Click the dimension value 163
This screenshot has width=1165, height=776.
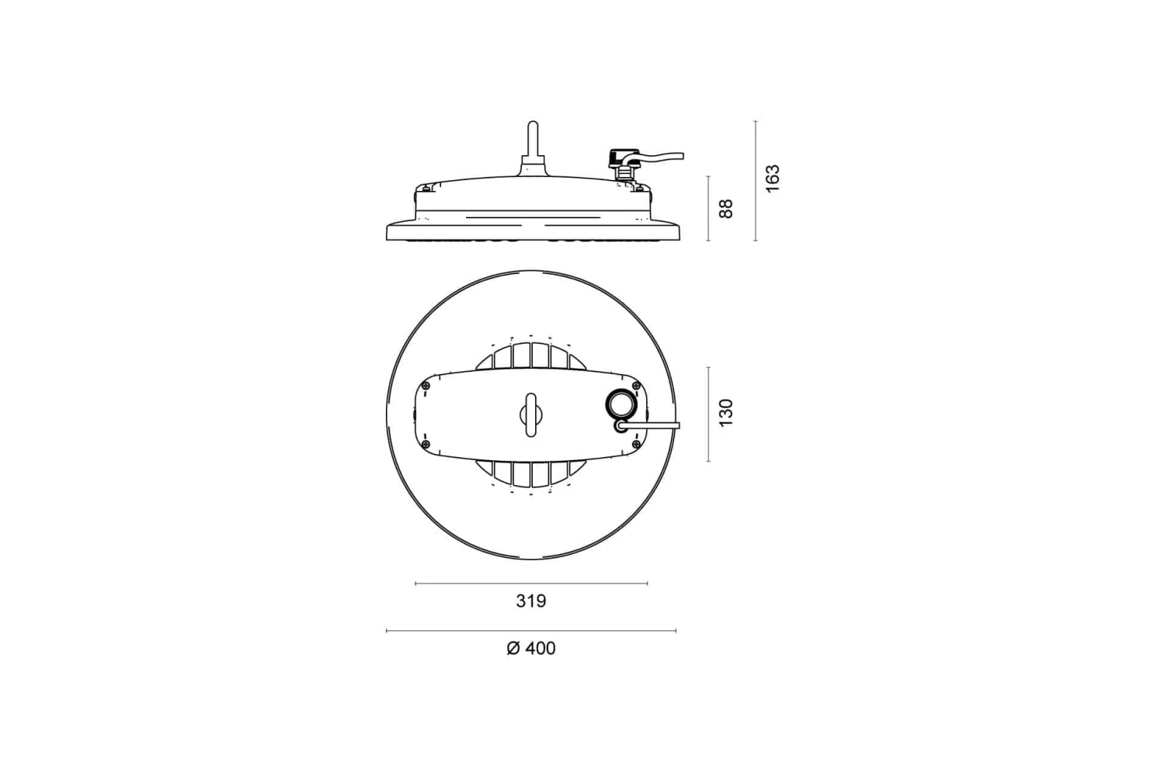coord(771,179)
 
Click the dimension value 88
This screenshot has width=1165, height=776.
coord(725,208)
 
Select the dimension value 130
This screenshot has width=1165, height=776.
coord(725,413)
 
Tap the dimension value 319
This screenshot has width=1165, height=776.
coord(531,601)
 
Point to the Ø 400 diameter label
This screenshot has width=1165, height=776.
coord(531,648)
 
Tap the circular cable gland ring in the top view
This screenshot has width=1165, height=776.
coord(621,404)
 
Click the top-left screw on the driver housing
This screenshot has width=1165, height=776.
coord(426,386)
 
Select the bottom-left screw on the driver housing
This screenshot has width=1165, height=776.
coord(426,443)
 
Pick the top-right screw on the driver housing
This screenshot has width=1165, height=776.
coord(636,386)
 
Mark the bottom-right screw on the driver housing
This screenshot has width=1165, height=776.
coord(636,443)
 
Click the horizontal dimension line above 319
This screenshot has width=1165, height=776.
coord(531,584)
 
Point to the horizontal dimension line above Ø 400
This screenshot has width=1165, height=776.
coord(531,631)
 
